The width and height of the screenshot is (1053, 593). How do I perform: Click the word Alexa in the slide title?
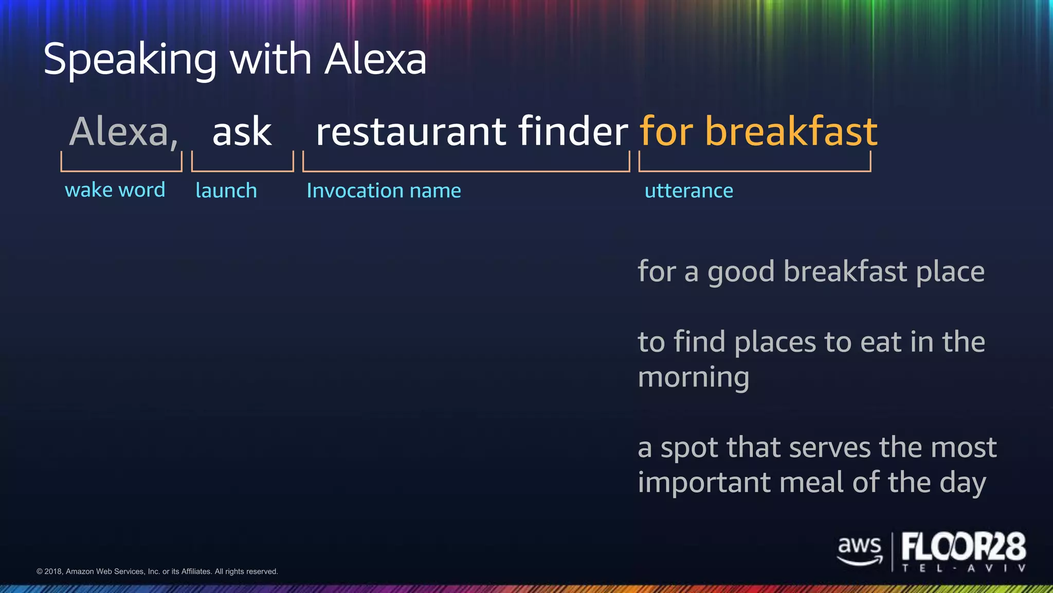375,59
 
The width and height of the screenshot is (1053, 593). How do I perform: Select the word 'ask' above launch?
242,132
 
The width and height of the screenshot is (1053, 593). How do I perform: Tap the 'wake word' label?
115,190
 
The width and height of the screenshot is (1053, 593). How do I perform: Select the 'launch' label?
226,190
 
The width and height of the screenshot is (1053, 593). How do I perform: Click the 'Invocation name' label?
384,190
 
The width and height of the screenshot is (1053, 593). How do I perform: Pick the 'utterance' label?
688,191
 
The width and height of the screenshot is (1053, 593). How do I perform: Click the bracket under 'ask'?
242,170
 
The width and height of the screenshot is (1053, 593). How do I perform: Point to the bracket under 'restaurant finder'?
466,170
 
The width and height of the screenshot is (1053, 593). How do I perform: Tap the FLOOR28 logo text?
963,547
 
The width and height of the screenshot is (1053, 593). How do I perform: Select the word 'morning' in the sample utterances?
693,378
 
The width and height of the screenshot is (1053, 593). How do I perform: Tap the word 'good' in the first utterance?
740,272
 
